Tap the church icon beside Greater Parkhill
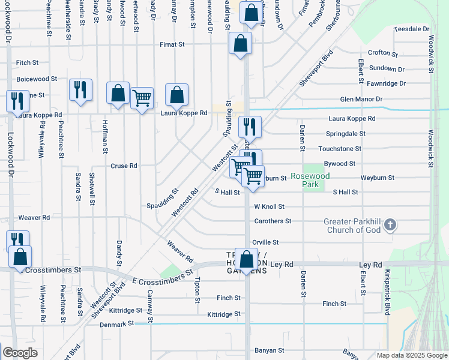coord(390,225)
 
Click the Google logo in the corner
coord(20,353)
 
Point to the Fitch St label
coord(27,62)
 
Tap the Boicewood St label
coord(37,79)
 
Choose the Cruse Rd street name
coord(124,166)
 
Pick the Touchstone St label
coord(340,148)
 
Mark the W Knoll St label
coord(269,206)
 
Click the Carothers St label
coord(272,221)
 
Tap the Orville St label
coord(265,242)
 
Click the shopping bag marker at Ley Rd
coord(246,260)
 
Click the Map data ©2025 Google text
coord(412,355)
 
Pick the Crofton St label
coord(383,53)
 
